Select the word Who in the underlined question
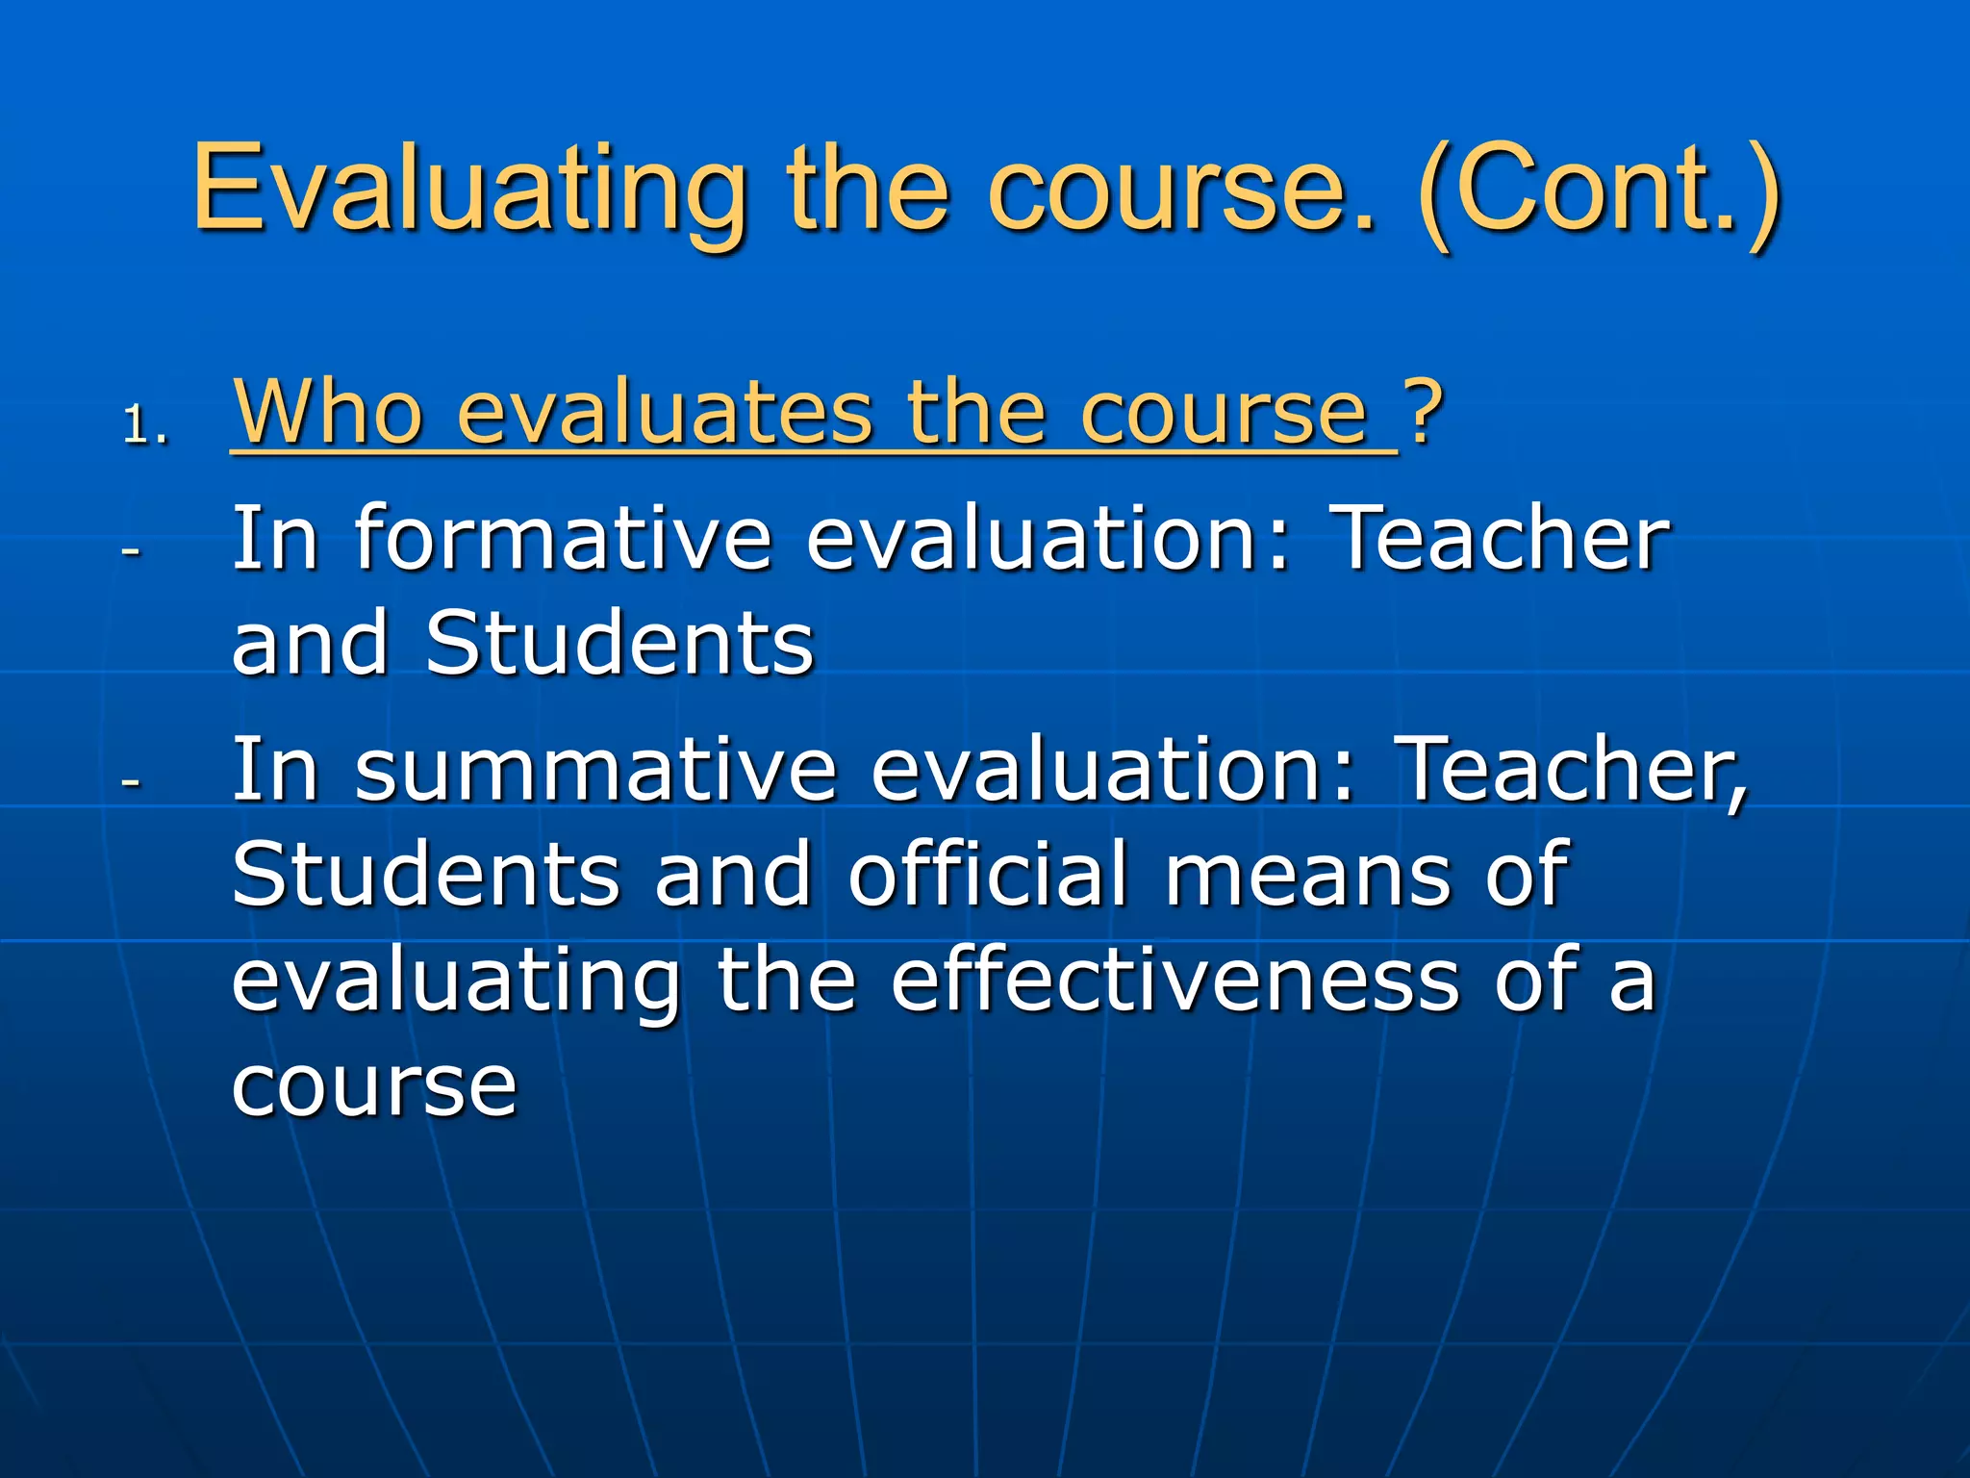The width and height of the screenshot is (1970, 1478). click(x=328, y=412)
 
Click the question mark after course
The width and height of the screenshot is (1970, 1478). click(x=1423, y=412)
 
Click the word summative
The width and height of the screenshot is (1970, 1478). click(x=595, y=770)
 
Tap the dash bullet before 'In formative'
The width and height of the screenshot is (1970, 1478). click(x=131, y=551)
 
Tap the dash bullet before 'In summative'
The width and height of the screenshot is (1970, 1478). click(x=131, y=781)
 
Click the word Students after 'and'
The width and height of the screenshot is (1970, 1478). click(x=619, y=644)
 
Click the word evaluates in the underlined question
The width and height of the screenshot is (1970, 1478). click(x=664, y=412)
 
